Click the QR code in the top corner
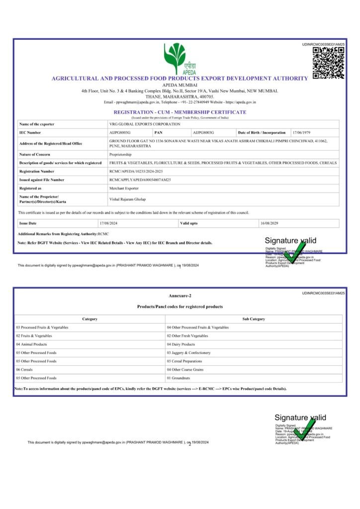pos(329,63)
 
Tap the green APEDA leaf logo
pos(175,56)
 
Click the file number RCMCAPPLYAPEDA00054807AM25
pos(140,179)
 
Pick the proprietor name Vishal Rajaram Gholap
pos(127,199)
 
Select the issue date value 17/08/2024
pos(108,223)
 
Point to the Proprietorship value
pos(121,155)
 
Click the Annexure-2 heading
pos(180,296)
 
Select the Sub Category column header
pos(254,319)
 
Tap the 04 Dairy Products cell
pos(181,344)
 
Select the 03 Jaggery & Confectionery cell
pos(188,352)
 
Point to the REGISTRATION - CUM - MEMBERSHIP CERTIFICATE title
pos(180,112)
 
